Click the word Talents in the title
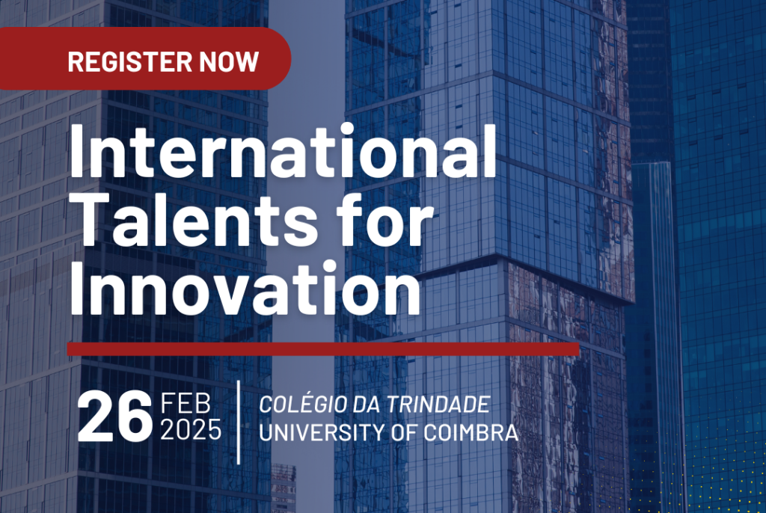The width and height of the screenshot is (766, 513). click(x=195, y=219)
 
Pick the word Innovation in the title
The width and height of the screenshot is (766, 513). click(x=245, y=288)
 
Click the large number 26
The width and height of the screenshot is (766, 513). click(x=114, y=417)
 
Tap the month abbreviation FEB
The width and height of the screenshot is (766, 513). click(x=186, y=403)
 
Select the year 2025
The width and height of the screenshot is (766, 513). click(x=191, y=430)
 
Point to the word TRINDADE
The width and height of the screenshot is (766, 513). click(x=438, y=404)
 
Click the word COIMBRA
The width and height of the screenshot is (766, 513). click(x=471, y=432)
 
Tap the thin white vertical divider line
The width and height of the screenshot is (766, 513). click(x=239, y=422)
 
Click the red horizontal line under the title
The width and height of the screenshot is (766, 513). click(x=323, y=348)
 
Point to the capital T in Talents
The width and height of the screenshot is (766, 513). click(x=91, y=219)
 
